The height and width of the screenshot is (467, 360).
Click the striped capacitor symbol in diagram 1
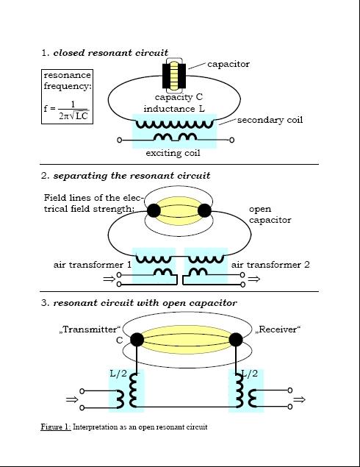174,75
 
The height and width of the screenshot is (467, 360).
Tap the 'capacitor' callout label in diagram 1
228,64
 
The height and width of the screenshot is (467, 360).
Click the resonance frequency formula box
68,96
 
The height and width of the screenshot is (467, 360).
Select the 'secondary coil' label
270,120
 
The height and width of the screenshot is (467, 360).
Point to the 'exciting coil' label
173,153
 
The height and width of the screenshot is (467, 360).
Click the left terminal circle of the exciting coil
119,140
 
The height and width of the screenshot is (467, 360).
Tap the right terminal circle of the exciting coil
231,140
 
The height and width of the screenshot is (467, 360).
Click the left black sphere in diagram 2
154,211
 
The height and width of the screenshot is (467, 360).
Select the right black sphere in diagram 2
204,211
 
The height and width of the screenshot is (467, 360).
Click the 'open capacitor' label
270,215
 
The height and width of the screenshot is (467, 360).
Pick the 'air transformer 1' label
93,265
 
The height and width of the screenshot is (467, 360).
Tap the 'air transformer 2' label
270,265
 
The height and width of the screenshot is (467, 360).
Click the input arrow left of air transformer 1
109,279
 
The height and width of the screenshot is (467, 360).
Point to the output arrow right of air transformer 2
253,279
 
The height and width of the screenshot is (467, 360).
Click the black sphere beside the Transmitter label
137,340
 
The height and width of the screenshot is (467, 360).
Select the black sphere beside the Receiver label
236,340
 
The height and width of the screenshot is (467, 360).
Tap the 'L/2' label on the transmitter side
118,374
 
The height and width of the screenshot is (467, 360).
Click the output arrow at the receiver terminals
300,399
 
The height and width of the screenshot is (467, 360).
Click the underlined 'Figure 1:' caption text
56,427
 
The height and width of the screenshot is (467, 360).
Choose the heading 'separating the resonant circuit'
132,176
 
